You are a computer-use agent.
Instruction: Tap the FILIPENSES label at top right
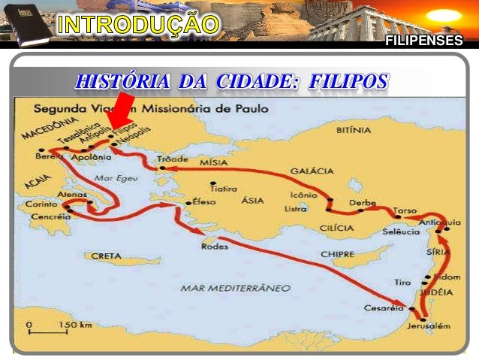tap(423, 41)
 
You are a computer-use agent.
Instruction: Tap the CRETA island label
tap(106, 256)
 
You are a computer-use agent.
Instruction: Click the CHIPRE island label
tap(337, 254)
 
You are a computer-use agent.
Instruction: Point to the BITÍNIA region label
tap(354, 130)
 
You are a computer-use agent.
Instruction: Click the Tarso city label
tap(404, 210)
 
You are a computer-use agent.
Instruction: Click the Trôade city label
tap(170, 159)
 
